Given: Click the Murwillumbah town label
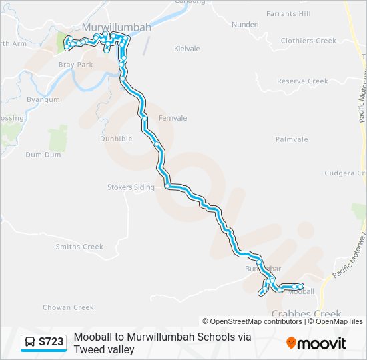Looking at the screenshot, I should pos(117,28).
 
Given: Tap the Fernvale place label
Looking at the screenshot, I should pos(173,118).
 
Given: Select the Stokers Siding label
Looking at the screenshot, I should pos(131,187).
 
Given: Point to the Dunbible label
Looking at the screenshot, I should pos(116,139).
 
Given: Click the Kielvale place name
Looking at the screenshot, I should pos(187,49).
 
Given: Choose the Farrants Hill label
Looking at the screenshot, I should pos(288,13).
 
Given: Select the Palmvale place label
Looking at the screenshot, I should pos(292,139).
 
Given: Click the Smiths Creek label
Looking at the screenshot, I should pos(79,247).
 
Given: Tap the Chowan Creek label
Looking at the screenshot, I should pos(68,307).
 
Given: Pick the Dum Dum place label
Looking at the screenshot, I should pos(43,154).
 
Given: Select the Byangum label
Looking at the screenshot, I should pos(43,99).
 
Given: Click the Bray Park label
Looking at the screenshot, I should pos(75,65).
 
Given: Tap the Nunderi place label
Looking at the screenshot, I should pos(244,25).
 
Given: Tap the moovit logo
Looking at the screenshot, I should pos(316,343).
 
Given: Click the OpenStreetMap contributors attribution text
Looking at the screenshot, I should pos(256,321).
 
